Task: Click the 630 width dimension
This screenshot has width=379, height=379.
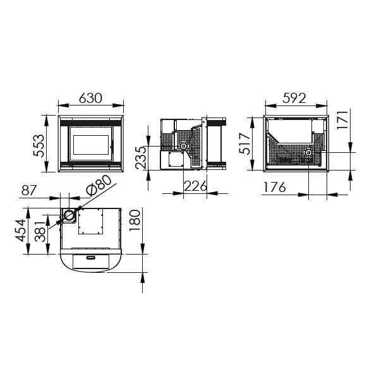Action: click(x=90, y=98)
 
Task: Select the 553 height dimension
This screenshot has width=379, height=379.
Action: click(x=39, y=145)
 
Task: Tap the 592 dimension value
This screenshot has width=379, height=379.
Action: click(x=294, y=98)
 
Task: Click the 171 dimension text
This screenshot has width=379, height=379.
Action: click(x=342, y=120)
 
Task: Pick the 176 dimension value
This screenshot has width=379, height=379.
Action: click(x=275, y=187)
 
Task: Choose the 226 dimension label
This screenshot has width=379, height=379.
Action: click(x=196, y=186)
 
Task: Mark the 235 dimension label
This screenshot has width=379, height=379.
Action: click(x=141, y=157)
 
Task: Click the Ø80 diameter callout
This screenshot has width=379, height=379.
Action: click(x=99, y=185)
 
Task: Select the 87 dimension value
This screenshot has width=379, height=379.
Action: click(x=29, y=190)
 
